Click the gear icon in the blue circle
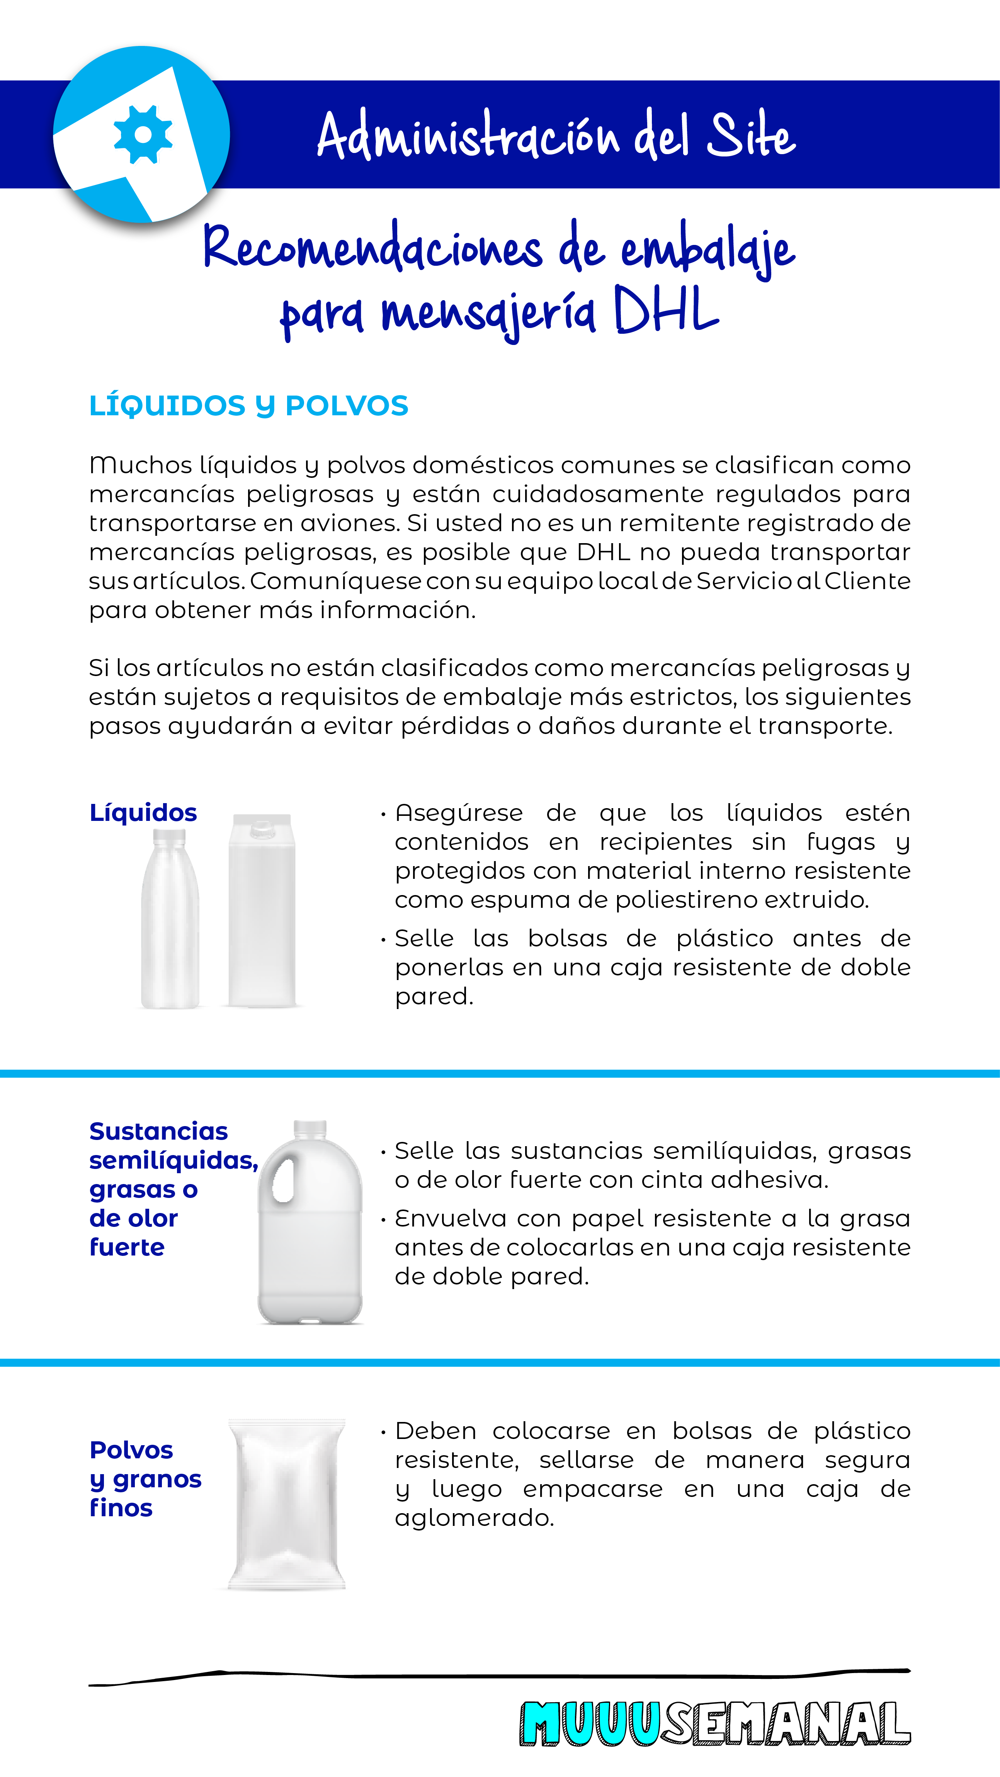click(143, 134)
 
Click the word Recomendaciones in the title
click(372, 248)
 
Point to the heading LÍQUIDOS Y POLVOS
click(248, 406)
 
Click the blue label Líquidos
click(143, 813)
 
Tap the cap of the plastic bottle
click(169, 837)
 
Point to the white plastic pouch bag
click(286, 1504)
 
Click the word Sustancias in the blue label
click(158, 1131)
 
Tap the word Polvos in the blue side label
click(131, 1450)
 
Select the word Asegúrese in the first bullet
click(459, 813)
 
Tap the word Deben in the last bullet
click(435, 1431)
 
